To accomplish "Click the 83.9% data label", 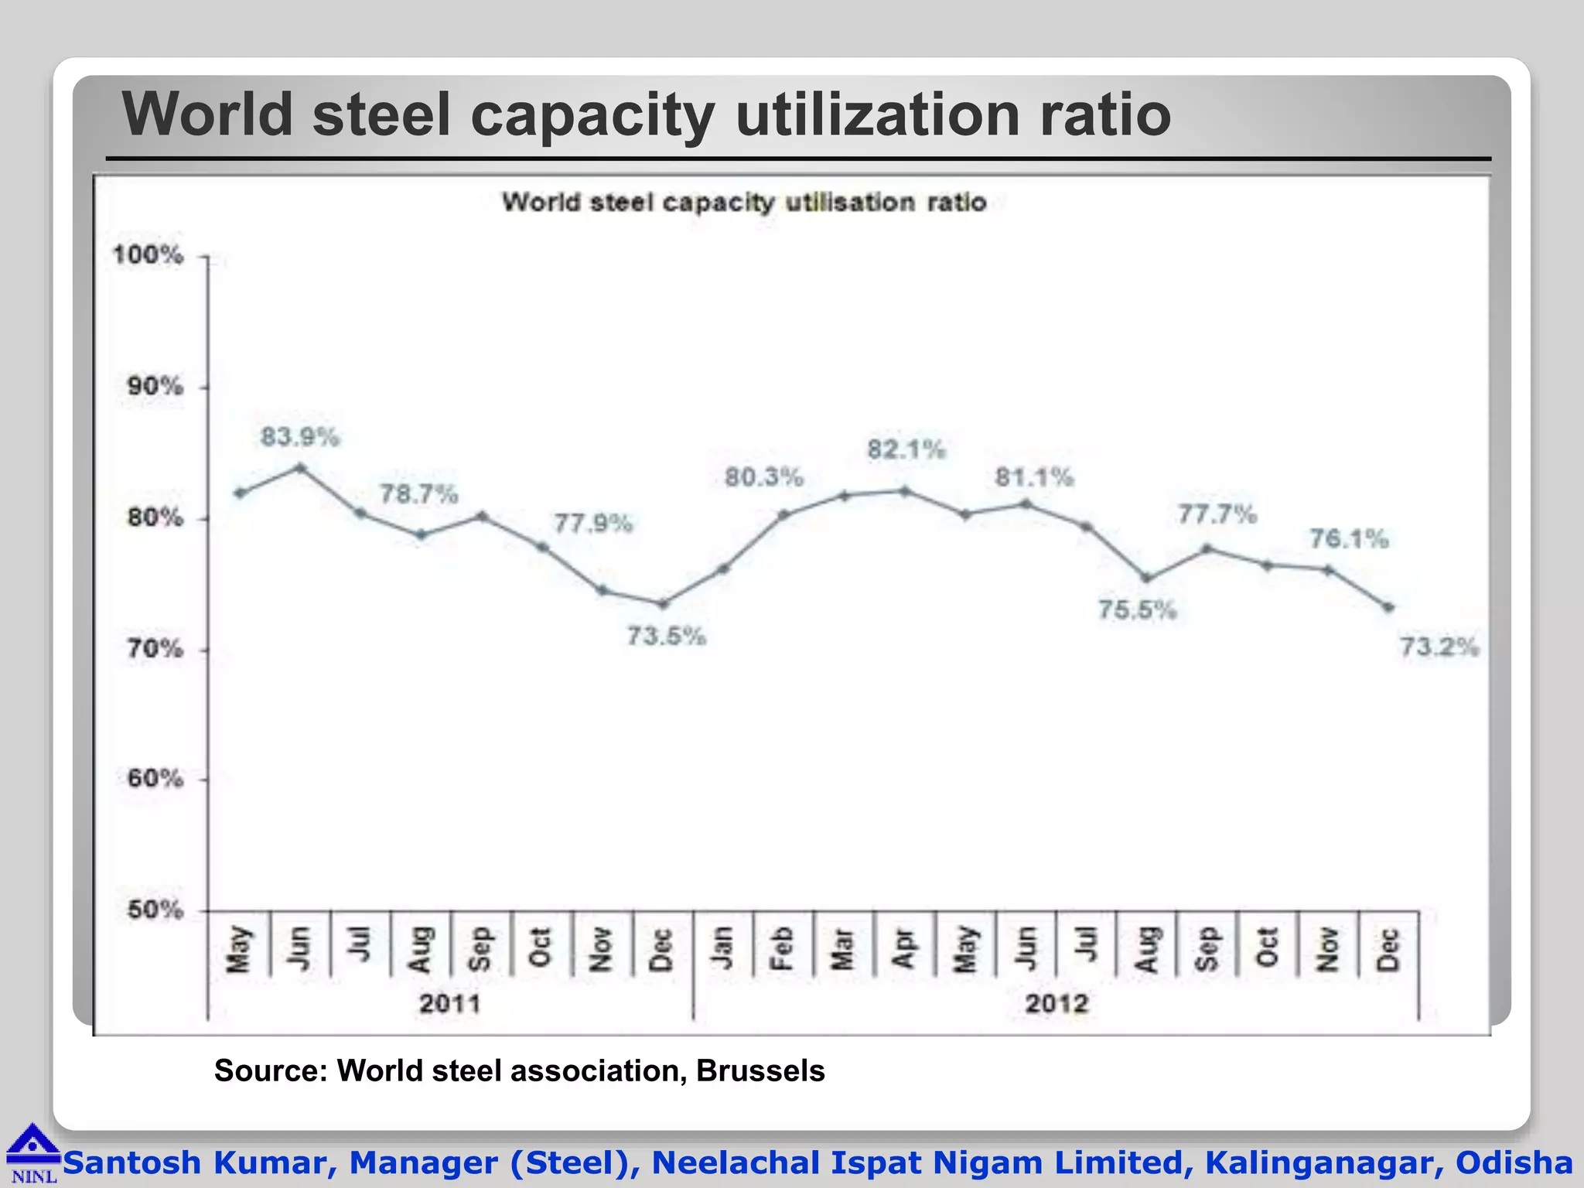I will [x=299, y=437].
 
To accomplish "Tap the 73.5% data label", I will [x=666, y=637].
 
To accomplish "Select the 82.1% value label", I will [x=906, y=449].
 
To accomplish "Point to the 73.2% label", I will [x=1439, y=647].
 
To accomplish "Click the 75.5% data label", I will [x=1137, y=610].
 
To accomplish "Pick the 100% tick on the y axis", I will [x=148, y=254].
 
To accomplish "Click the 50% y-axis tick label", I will [x=155, y=910].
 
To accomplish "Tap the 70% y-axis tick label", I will [x=155, y=648].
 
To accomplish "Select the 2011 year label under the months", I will [x=449, y=1004].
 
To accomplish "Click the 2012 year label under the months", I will [x=1057, y=1004].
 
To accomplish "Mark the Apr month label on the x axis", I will [x=903, y=948].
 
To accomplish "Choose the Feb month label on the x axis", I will [x=782, y=948].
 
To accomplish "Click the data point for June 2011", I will [x=301, y=468].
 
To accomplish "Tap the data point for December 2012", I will [x=1389, y=608].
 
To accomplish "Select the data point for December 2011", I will [x=663, y=603].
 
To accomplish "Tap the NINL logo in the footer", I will [x=32, y=1153].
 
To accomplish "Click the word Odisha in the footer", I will [x=1514, y=1162].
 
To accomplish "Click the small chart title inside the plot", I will [x=743, y=203].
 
